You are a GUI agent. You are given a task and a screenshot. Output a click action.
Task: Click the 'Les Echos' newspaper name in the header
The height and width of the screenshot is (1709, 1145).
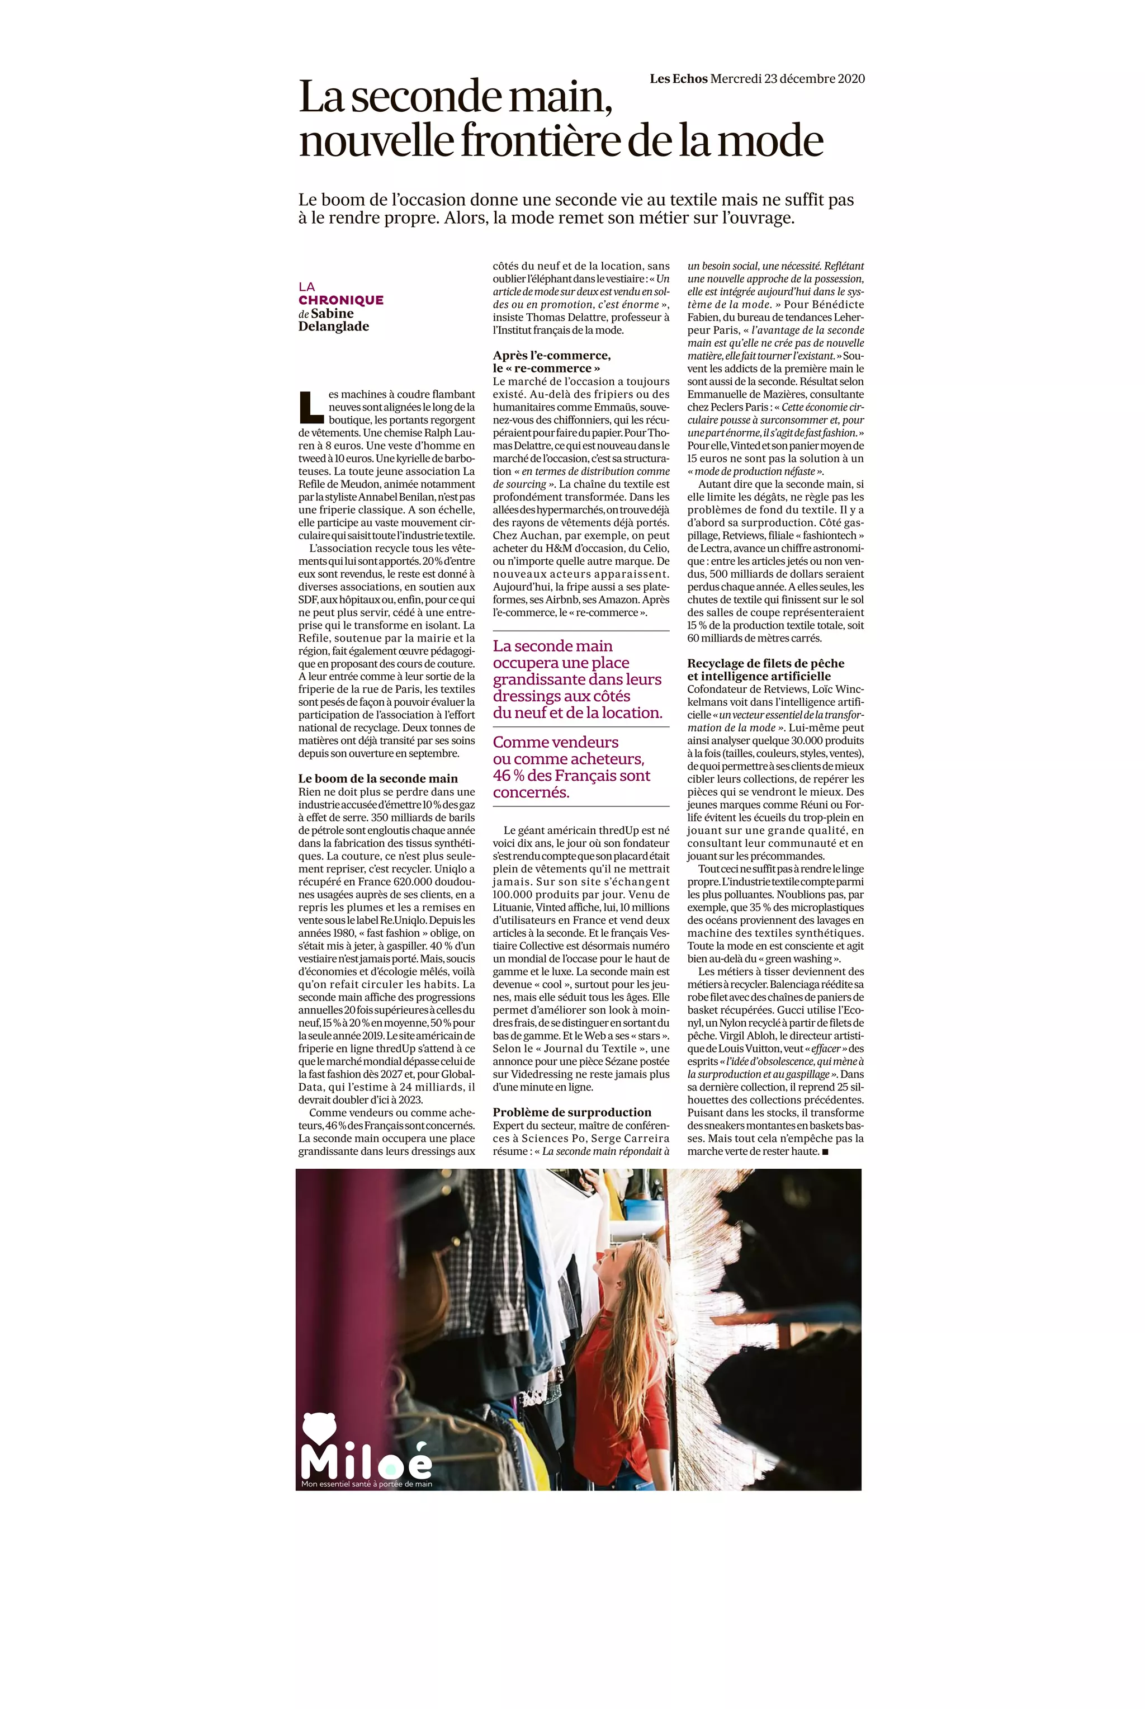(678, 79)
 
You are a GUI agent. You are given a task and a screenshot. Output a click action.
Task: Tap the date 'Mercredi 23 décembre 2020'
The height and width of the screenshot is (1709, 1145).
(787, 79)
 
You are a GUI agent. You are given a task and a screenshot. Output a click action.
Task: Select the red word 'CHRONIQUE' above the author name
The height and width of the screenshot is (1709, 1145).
(341, 300)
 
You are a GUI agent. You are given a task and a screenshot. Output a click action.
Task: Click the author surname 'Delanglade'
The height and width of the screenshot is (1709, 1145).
(334, 327)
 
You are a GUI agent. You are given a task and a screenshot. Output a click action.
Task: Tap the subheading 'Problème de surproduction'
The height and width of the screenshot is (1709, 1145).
(572, 1112)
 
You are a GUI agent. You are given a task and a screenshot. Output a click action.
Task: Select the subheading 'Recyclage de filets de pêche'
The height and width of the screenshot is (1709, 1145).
(765, 663)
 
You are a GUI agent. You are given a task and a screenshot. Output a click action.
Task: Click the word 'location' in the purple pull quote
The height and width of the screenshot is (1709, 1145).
(632, 713)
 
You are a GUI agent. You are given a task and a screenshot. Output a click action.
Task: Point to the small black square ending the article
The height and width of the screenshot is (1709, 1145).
(825, 1152)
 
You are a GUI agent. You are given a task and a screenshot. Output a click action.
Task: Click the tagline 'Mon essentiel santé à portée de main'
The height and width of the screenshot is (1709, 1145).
(367, 1483)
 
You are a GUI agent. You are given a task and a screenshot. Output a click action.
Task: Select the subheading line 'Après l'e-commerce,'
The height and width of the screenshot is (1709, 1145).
(551, 356)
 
